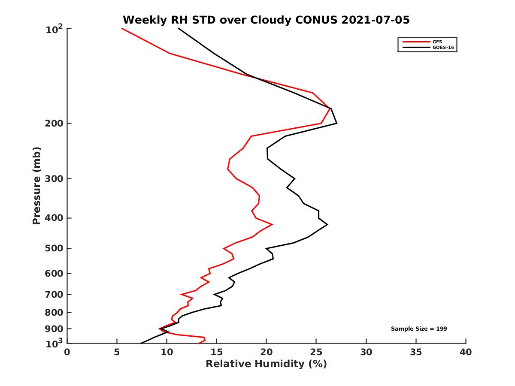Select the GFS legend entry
click(434, 42)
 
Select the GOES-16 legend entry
click(442, 48)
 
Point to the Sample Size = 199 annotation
click(419, 329)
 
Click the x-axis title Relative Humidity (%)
click(266, 364)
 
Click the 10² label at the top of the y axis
click(55, 30)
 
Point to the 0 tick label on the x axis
click(67, 352)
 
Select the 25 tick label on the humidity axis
click(316, 352)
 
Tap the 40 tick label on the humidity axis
click(466, 352)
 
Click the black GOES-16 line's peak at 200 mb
click(336, 123)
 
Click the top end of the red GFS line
click(122, 28)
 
